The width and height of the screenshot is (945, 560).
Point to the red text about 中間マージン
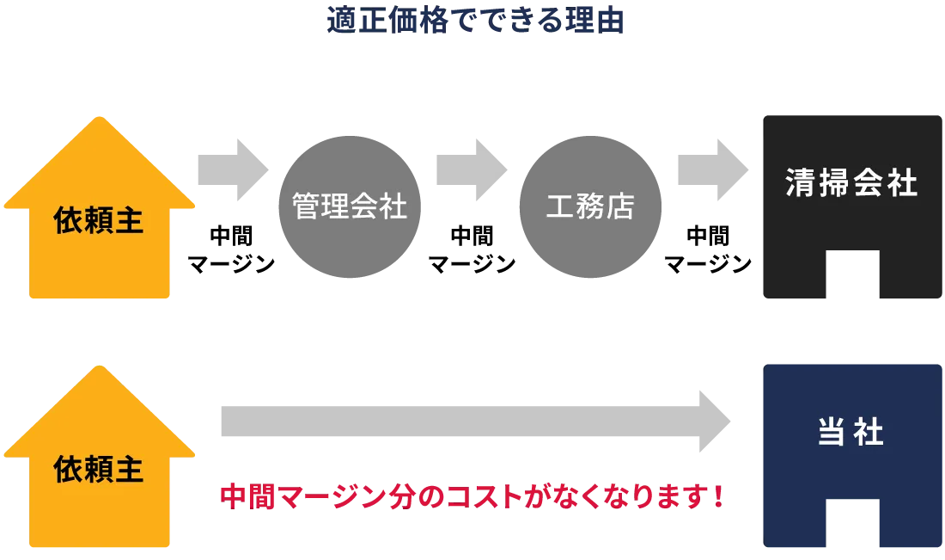[x=472, y=496]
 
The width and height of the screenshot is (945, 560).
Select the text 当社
[x=850, y=433]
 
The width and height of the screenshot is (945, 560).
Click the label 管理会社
[x=350, y=206]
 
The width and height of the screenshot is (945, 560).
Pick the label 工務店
[x=590, y=206]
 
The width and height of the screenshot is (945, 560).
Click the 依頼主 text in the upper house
[x=99, y=221]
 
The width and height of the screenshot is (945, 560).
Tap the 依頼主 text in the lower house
[x=99, y=470]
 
